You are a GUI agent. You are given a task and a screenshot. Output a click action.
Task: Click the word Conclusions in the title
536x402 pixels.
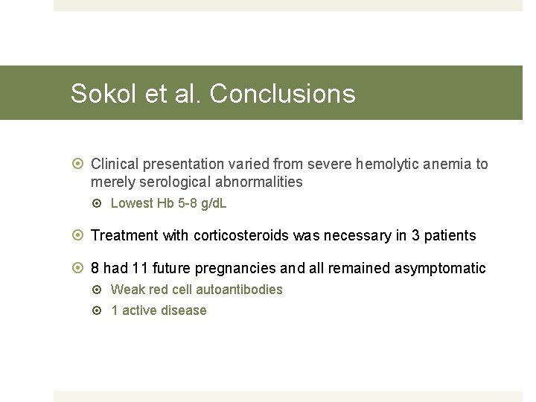tap(282, 94)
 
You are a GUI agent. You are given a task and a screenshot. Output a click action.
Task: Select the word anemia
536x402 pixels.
tap(447, 164)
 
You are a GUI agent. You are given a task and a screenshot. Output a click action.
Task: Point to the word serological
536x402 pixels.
tap(177, 182)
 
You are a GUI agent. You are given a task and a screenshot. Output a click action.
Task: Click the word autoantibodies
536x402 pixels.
tap(239, 290)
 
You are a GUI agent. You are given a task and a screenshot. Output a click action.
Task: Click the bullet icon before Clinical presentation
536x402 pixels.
tap(79, 164)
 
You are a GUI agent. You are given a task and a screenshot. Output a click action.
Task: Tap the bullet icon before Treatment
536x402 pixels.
tap(79, 235)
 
